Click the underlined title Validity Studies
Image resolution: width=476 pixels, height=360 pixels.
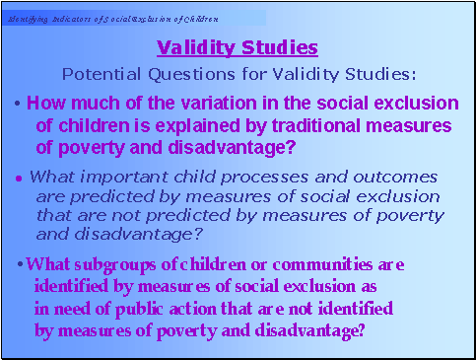coord(238,47)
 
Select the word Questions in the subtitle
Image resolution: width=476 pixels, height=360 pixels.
coord(183,74)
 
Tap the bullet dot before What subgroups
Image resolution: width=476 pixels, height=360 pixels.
coord(22,265)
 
